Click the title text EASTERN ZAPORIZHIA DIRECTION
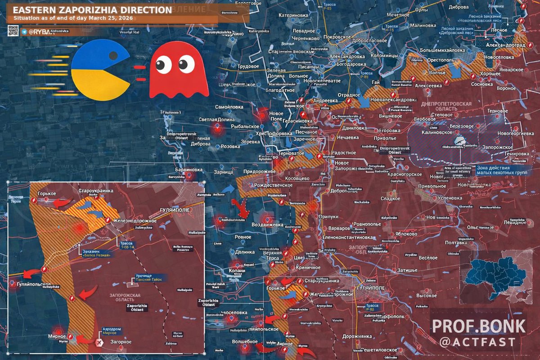tap(89, 10)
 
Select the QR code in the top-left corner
tap(13, 31)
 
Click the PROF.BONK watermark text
tap(479, 326)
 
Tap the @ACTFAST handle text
tap(478, 342)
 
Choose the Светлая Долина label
tap(218, 120)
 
